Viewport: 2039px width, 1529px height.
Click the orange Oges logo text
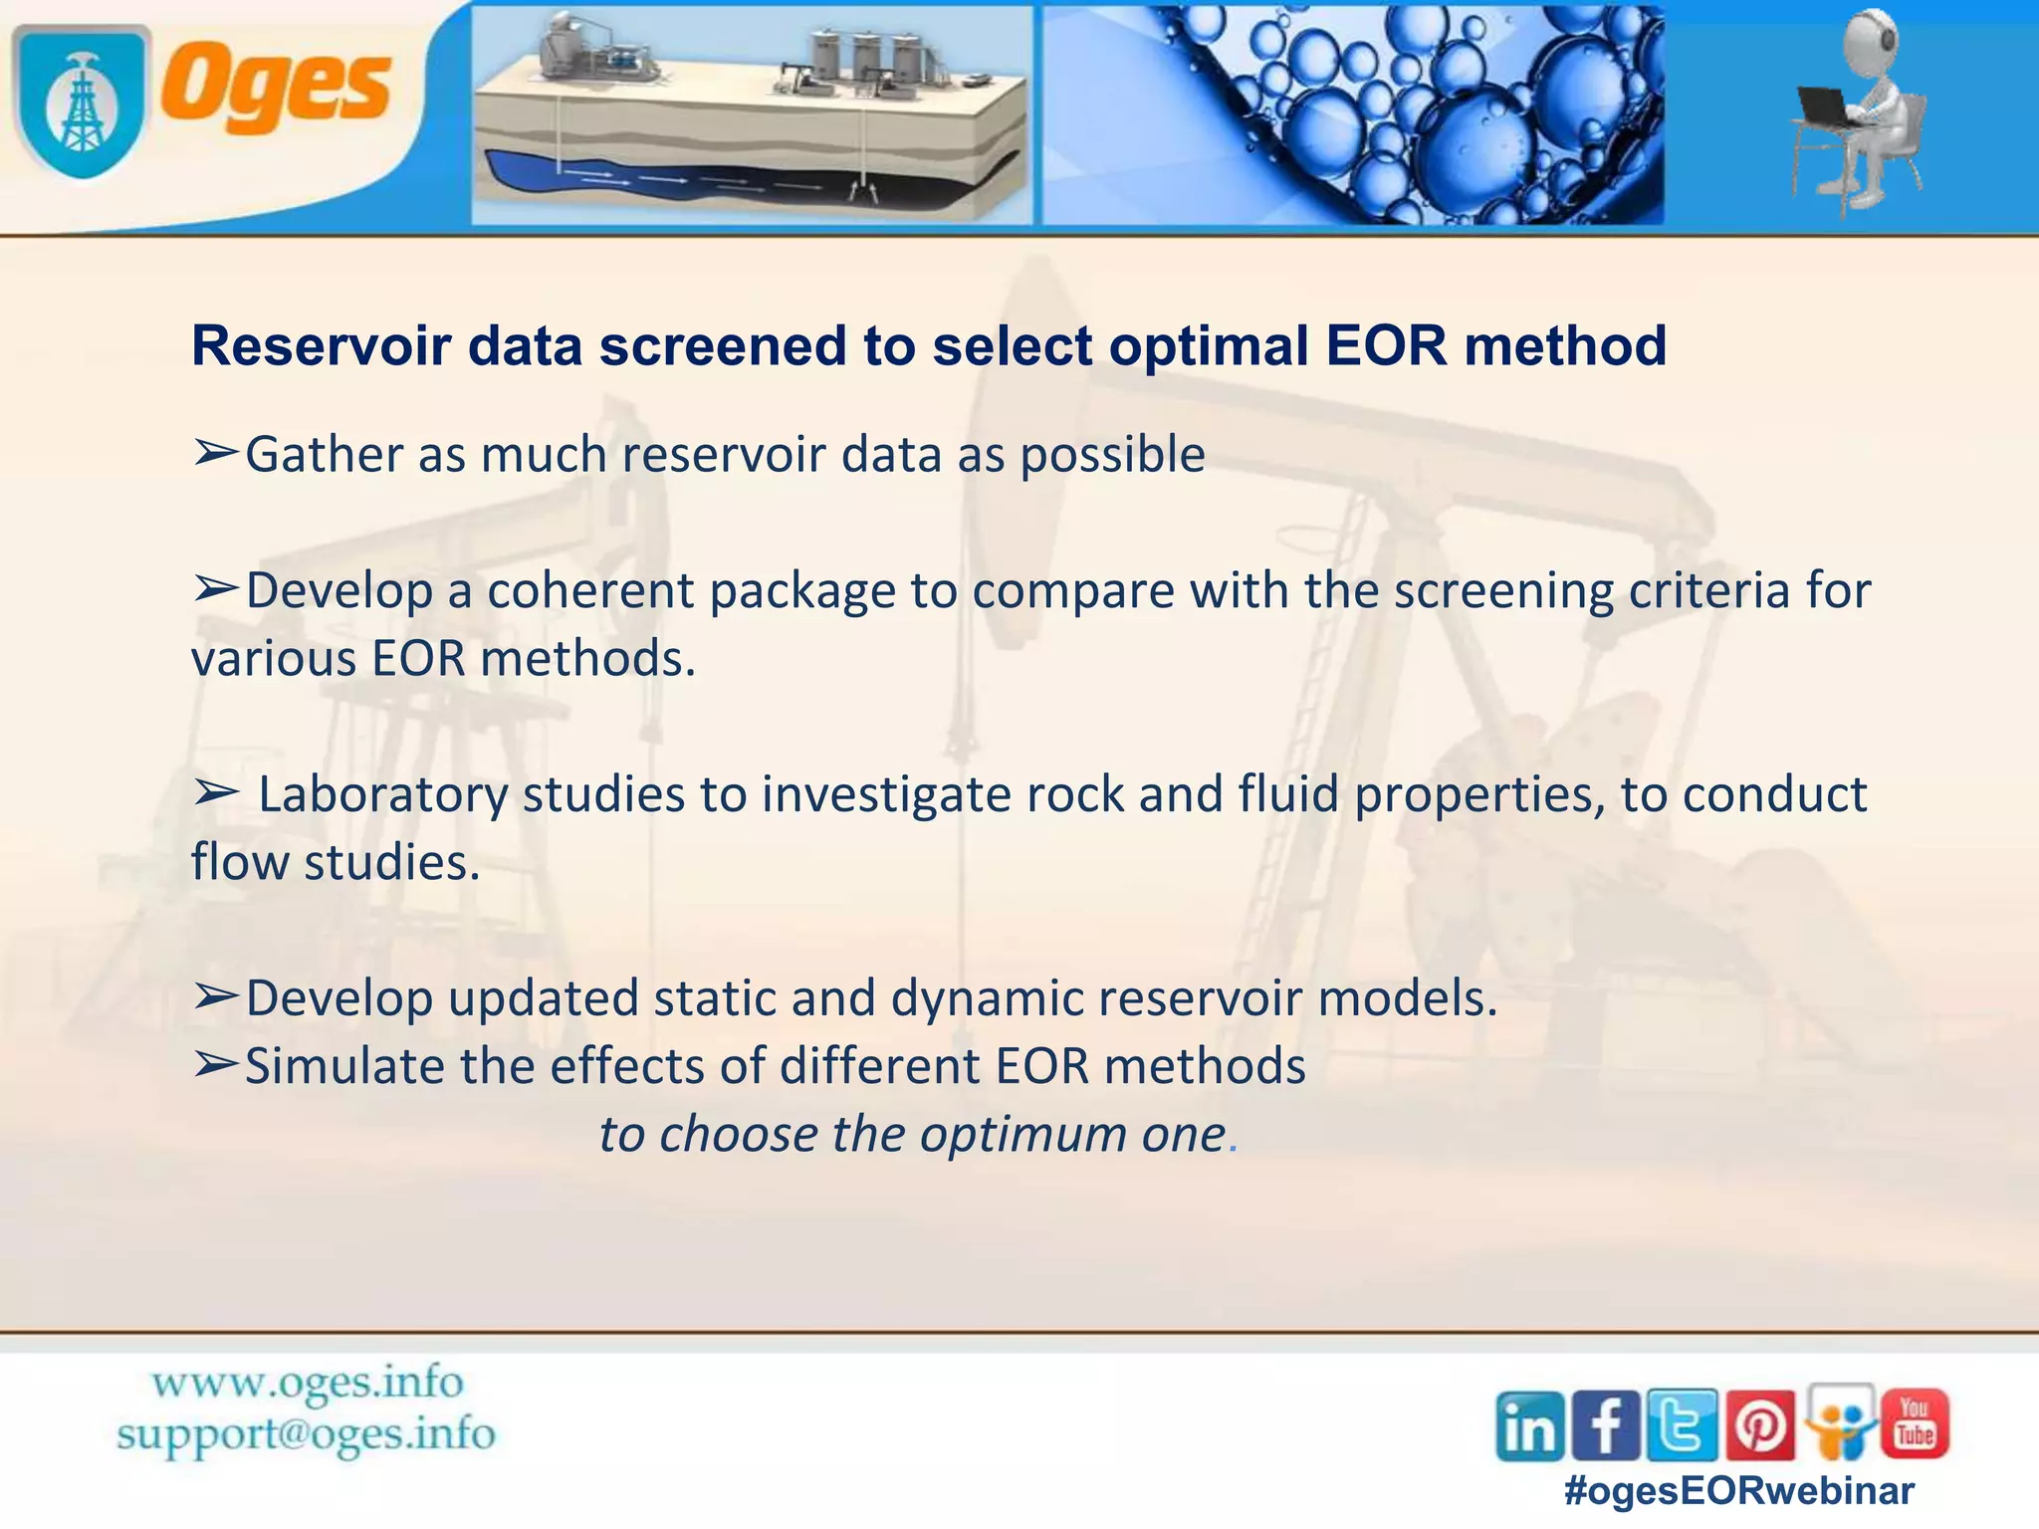pyautogui.click(x=277, y=88)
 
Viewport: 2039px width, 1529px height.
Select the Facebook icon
pyautogui.click(x=1605, y=1425)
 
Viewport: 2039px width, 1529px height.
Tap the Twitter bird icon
pyautogui.click(x=1682, y=1425)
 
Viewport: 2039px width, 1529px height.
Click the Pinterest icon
pyautogui.click(x=1759, y=1425)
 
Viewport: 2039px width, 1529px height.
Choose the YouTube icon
pyautogui.click(x=1914, y=1423)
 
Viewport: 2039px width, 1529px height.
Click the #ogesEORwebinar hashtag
pyautogui.click(x=1739, y=1491)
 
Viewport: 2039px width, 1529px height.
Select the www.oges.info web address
pyautogui.click(x=307, y=1383)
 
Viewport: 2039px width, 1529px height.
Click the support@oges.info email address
pyautogui.click(x=305, y=1434)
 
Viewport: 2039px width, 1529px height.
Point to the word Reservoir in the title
pyautogui.click(x=319, y=346)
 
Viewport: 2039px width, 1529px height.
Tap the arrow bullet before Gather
pyautogui.click(x=215, y=454)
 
